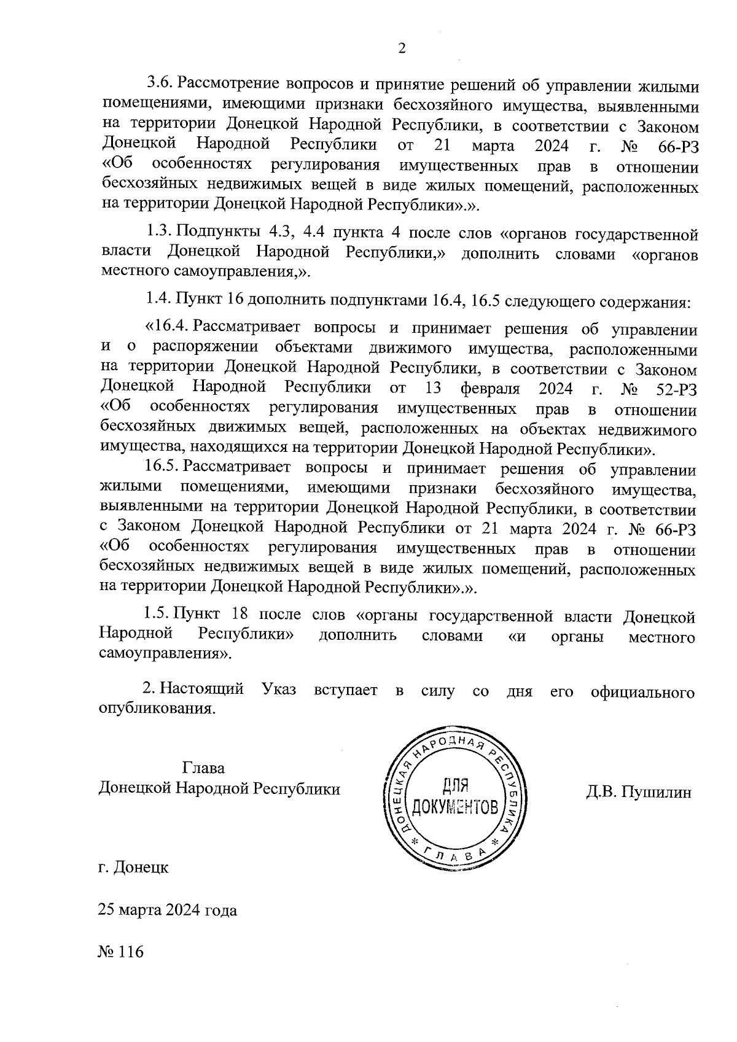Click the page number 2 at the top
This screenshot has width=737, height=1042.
402,49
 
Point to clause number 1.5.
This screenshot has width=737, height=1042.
157,614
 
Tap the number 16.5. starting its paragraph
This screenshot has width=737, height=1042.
163,469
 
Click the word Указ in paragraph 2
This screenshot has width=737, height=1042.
279,690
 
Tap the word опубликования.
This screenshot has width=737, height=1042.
157,709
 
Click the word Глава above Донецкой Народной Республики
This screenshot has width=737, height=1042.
203,768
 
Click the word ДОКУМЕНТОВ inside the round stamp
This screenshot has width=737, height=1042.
455,806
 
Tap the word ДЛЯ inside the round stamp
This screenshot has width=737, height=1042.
455,785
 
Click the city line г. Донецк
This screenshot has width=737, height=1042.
133,868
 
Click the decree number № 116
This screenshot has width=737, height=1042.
120,952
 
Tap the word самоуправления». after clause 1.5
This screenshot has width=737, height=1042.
166,655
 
